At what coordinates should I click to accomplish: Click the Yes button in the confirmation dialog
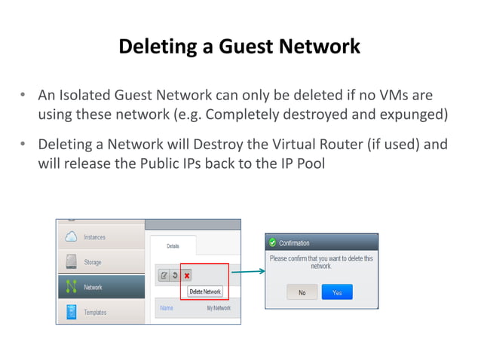coord(336,292)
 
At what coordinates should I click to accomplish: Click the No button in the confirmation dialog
coord(302,292)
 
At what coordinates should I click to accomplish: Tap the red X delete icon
coord(186,276)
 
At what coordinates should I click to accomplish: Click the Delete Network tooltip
coord(205,291)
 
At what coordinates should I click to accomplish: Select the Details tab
coord(173,246)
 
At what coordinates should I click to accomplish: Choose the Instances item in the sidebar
coord(94,237)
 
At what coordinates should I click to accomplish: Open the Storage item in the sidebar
coord(92,262)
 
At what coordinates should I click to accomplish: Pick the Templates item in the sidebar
coord(95,312)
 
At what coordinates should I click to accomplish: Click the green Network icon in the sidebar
coord(72,287)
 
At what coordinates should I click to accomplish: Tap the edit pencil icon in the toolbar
coord(164,276)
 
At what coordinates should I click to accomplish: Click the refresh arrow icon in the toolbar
coord(175,276)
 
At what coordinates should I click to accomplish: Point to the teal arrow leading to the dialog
coord(247,272)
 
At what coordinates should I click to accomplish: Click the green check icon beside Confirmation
coord(271,243)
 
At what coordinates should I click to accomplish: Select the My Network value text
coord(219,309)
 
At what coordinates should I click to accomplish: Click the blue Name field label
coord(167,309)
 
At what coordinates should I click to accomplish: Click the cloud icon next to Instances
coord(71,237)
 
